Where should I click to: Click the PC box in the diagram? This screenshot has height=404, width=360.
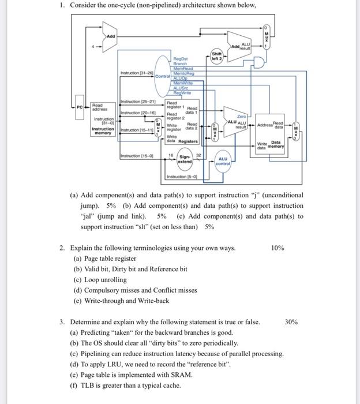point(80,107)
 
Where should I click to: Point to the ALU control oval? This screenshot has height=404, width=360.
point(223,162)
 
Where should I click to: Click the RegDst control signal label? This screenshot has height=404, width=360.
point(182,59)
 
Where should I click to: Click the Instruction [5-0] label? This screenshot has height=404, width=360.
point(182,176)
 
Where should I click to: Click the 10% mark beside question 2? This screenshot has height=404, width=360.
point(277,248)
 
